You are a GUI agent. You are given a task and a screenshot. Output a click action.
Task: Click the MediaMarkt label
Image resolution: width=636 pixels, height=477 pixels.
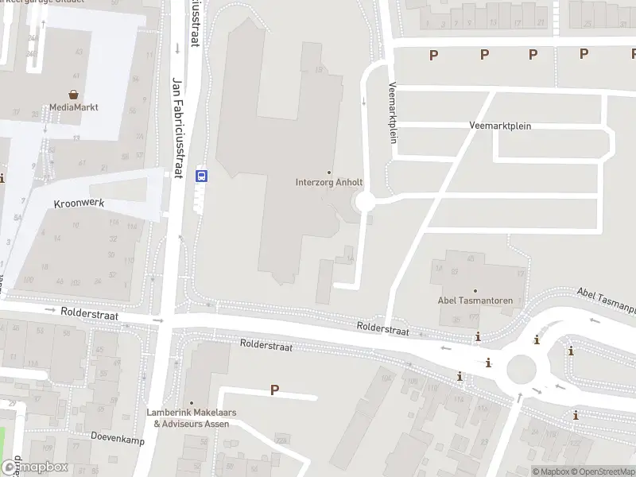coord(73,107)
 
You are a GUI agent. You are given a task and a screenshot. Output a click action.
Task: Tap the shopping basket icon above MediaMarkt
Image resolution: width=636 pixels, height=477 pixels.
coord(73,94)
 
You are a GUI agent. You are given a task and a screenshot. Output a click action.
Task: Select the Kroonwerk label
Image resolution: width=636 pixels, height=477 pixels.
coord(79,204)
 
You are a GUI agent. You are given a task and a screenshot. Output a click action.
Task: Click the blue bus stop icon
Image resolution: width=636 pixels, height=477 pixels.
coord(202,176)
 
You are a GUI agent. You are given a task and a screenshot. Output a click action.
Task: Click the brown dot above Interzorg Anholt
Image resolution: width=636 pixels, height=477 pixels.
coord(329,172)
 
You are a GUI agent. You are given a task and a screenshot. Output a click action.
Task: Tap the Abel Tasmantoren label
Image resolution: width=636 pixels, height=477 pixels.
coord(475,301)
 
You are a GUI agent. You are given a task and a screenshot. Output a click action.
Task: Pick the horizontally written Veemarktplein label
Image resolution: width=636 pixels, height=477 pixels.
coord(500,126)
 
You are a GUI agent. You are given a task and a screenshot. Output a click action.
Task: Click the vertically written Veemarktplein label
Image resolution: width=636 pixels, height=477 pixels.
coord(392,112)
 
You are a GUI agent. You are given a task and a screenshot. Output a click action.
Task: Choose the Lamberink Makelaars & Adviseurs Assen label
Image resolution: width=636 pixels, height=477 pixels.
coord(191,418)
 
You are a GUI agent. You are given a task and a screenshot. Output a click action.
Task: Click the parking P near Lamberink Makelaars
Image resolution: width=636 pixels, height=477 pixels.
coord(275,390)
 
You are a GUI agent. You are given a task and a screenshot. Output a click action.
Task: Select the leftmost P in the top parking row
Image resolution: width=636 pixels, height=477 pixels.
coord(433,54)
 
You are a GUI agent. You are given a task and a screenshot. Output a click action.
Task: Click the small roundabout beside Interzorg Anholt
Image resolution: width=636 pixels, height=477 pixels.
coord(366,203)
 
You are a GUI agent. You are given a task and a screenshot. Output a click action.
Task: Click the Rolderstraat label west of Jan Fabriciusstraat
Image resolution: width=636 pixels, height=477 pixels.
coord(89,315)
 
